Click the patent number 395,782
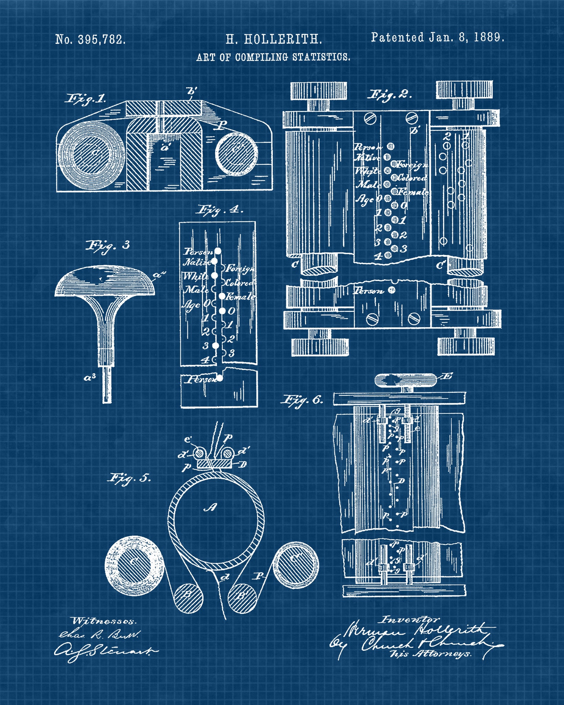click(102, 39)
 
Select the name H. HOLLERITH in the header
click(274, 39)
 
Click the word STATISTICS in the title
click(321, 57)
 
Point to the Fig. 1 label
click(86, 99)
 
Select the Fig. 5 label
click(129, 478)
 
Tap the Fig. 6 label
click(302, 400)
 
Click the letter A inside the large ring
click(211, 508)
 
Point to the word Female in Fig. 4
click(240, 296)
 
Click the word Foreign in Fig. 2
click(412, 165)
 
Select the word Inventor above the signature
click(409, 620)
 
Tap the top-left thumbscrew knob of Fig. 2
click(319, 91)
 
